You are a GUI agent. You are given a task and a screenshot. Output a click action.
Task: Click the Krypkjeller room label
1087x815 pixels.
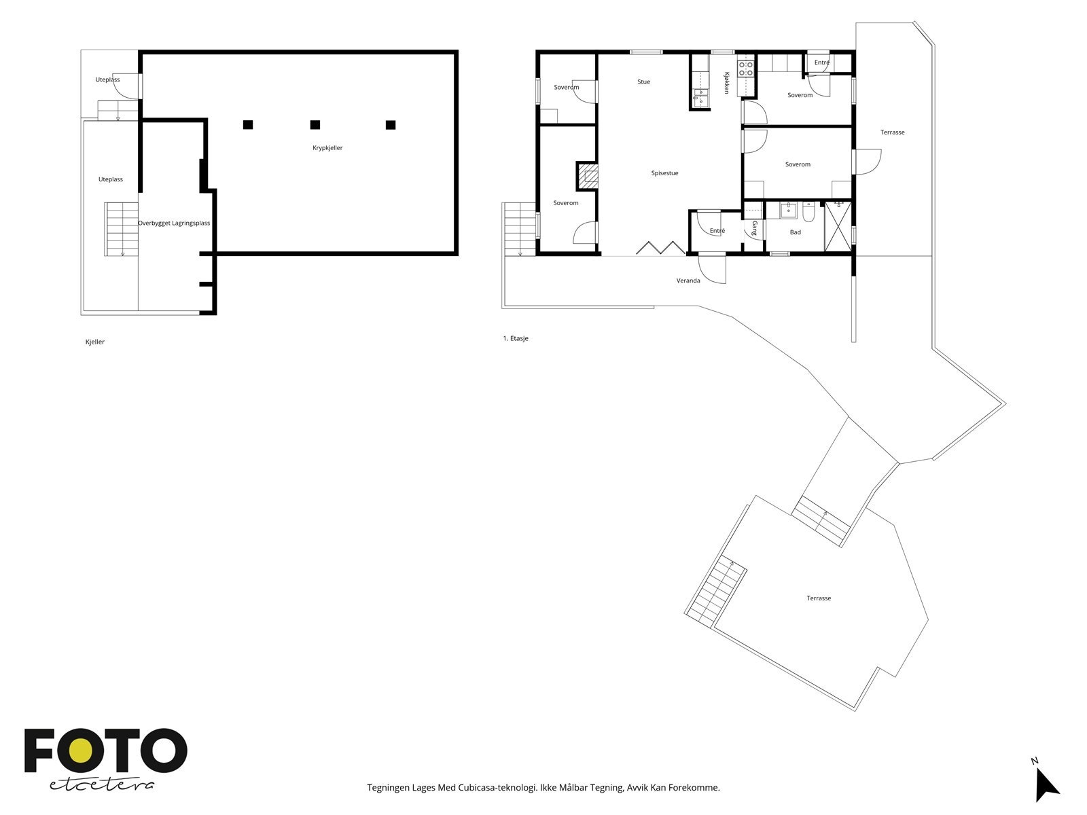pyautogui.click(x=327, y=147)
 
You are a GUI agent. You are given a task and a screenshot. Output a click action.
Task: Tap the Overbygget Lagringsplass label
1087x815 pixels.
pyautogui.click(x=174, y=223)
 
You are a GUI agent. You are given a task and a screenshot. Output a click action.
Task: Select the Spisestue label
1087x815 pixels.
pyautogui.click(x=664, y=173)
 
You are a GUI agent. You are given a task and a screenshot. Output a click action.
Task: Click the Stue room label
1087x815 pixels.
pyautogui.click(x=644, y=81)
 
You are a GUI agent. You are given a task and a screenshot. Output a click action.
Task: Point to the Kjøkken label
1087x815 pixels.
pyautogui.click(x=726, y=83)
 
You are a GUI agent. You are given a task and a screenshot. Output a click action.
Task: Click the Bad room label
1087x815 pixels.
pyautogui.click(x=796, y=232)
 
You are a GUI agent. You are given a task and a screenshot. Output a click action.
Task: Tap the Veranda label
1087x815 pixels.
pyautogui.click(x=688, y=280)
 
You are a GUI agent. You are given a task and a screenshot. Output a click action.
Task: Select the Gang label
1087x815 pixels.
pyautogui.click(x=755, y=228)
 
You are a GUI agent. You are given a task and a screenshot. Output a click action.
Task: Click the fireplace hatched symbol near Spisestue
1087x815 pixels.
pyautogui.click(x=588, y=176)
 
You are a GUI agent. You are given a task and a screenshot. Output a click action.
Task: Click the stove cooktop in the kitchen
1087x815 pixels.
pyautogui.click(x=746, y=69)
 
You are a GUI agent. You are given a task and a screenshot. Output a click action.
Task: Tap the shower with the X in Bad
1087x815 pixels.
pyautogui.click(x=838, y=227)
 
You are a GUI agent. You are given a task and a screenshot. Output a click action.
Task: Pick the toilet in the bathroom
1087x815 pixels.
pyautogui.click(x=808, y=211)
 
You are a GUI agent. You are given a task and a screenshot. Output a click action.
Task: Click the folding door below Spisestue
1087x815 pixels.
pyautogui.click(x=661, y=248)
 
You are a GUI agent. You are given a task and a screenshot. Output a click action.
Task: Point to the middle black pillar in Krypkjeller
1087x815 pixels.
pyautogui.click(x=315, y=125)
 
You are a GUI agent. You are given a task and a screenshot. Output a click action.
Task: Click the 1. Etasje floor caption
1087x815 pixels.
pyautogui.click(x=516, y=338)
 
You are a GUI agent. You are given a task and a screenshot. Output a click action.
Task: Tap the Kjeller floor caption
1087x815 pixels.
pyautogui.click(x=95, y=342)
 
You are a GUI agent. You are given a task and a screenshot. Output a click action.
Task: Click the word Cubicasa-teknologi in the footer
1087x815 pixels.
pyautogui.click(x=497, y=788)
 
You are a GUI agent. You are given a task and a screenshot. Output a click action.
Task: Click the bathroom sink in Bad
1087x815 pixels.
pyautogui.click(x=788, y=211)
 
